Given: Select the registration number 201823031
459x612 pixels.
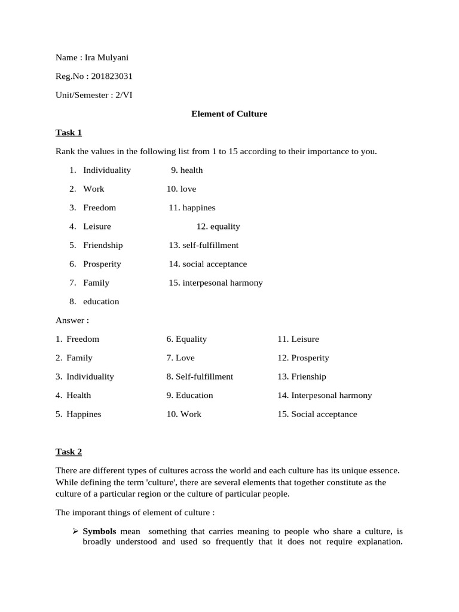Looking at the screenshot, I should tap(112, 76).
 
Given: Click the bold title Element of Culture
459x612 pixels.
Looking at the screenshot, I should tap(229, 114).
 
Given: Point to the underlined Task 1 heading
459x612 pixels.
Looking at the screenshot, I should tap(68, 132).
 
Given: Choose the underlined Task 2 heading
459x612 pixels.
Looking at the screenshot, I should tap(68, 452).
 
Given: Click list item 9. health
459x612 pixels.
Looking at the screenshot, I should tap(186, 170).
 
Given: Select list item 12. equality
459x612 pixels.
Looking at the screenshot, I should tap(218, 227).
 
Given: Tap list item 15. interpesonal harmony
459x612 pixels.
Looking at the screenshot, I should tap(215, 283).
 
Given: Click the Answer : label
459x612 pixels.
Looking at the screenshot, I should tap(72, 320).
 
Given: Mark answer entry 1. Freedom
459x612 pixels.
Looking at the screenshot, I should tap(78, 339).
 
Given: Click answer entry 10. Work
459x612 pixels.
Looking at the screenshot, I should tap(184, 414).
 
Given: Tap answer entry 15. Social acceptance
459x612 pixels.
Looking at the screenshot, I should tap(317, 414).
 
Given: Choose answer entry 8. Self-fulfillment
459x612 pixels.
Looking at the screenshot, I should tap(200, 377).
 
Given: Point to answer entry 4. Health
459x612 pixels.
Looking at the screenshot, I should tap(74, 395).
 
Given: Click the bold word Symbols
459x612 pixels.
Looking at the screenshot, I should tap(99, 531).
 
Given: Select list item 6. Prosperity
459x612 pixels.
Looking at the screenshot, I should tap(95, 264).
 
